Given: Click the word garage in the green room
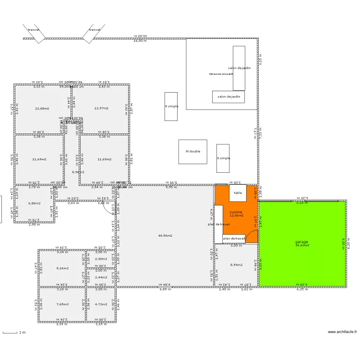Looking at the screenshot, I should pyautogui.click(x=301, y=241).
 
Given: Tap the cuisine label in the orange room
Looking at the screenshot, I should pyautogui.click(x=236, y=212).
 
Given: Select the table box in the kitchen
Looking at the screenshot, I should pyautogui.click(x=238, y=193).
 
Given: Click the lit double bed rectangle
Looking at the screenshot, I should pyautogui.click(x=193, y=152).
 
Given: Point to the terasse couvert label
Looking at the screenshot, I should pyautogui.click(x=221, y=74).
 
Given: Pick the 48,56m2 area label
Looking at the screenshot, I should pyautogui.click(x=165, y=236).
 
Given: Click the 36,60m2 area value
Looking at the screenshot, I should pyautogui.click(x=302, y=245).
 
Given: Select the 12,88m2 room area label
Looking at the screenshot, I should pyautogui.click(x=42, y=108).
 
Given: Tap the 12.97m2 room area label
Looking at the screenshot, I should pyautogui.click(x=101, y=108).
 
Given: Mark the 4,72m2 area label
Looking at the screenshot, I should pyautogui.click(x=101, y=304).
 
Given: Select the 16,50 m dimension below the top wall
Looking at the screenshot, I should pyautogui.click(x=140, y=41).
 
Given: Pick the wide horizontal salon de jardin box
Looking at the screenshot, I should pyautogui.click(x=228, y=96).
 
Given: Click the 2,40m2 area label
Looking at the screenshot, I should pyautogui.click(x=101, y=259).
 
